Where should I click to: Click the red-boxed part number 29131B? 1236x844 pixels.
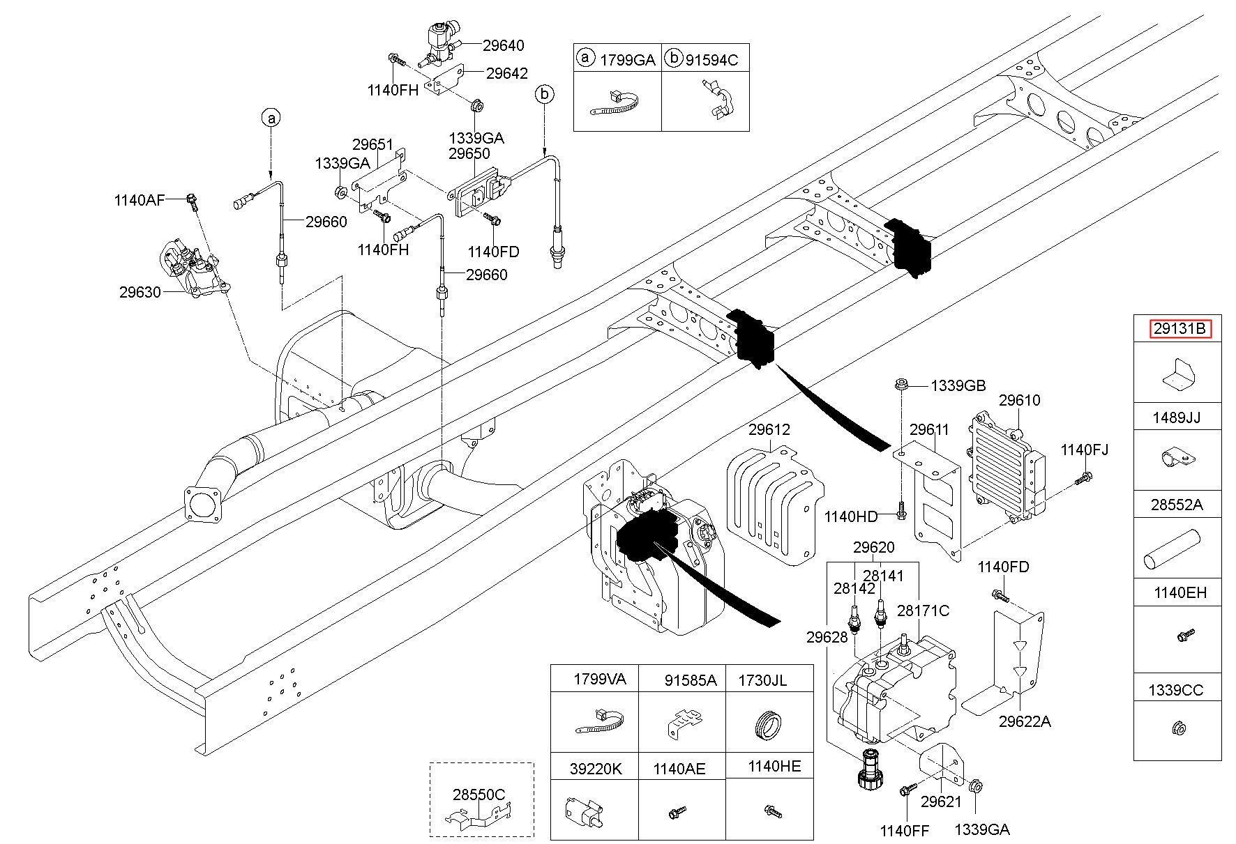1180,328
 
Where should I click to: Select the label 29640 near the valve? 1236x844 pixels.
503,46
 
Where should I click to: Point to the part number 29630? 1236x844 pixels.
140,291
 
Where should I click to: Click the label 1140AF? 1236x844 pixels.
140,201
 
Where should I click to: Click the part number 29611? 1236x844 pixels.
929,430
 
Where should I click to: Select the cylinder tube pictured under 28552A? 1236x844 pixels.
1170,548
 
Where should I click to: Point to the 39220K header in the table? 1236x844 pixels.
595,769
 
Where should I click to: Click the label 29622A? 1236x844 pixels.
1024,721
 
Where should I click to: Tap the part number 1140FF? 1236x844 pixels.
905,830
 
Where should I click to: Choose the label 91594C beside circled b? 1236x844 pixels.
711,60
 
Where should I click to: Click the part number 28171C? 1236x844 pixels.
923,611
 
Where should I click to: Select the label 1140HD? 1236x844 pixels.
850,516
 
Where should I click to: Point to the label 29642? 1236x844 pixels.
507,72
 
